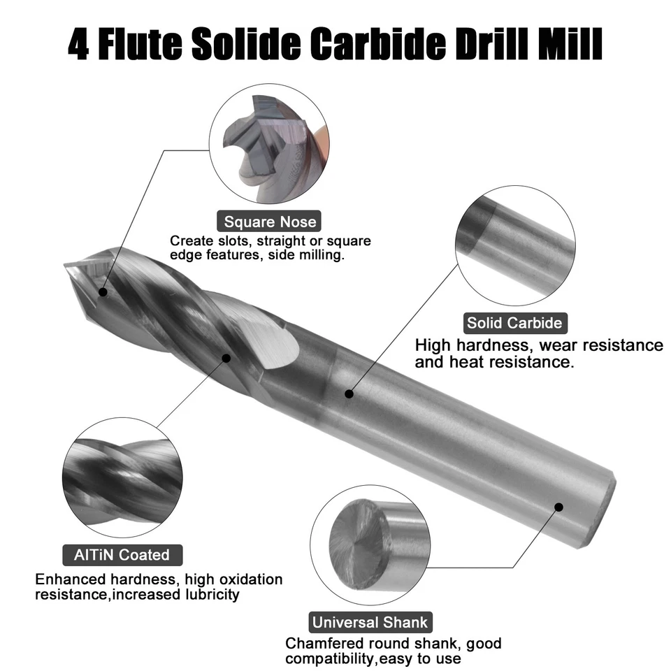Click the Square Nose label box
coord(270,222)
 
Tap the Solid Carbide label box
coord(514,323)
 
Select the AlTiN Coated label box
coord(122,555)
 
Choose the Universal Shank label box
coord(370,622)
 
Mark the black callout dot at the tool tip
coord(103,291)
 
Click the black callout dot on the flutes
coord(226,358)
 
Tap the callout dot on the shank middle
coord(349,394)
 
